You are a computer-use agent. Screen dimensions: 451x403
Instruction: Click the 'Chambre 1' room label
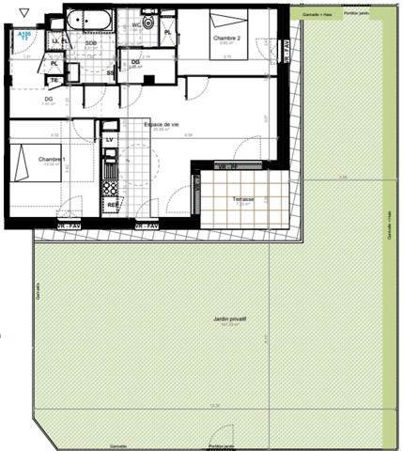(52, 159)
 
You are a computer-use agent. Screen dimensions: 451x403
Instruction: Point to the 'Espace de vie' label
(161, 125)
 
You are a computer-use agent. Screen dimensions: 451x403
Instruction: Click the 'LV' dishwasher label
(110, 140)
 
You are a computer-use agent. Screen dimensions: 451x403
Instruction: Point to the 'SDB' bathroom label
(91, 43)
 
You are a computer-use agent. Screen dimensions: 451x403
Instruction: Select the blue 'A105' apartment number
(23, 32)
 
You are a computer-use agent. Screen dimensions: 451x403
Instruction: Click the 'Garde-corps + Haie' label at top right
(311, 14)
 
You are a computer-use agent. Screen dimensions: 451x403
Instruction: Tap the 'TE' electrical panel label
(54, 80)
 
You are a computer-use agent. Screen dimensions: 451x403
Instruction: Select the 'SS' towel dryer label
(111, 72)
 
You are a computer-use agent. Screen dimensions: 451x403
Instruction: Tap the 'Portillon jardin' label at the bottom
(222, 445)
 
